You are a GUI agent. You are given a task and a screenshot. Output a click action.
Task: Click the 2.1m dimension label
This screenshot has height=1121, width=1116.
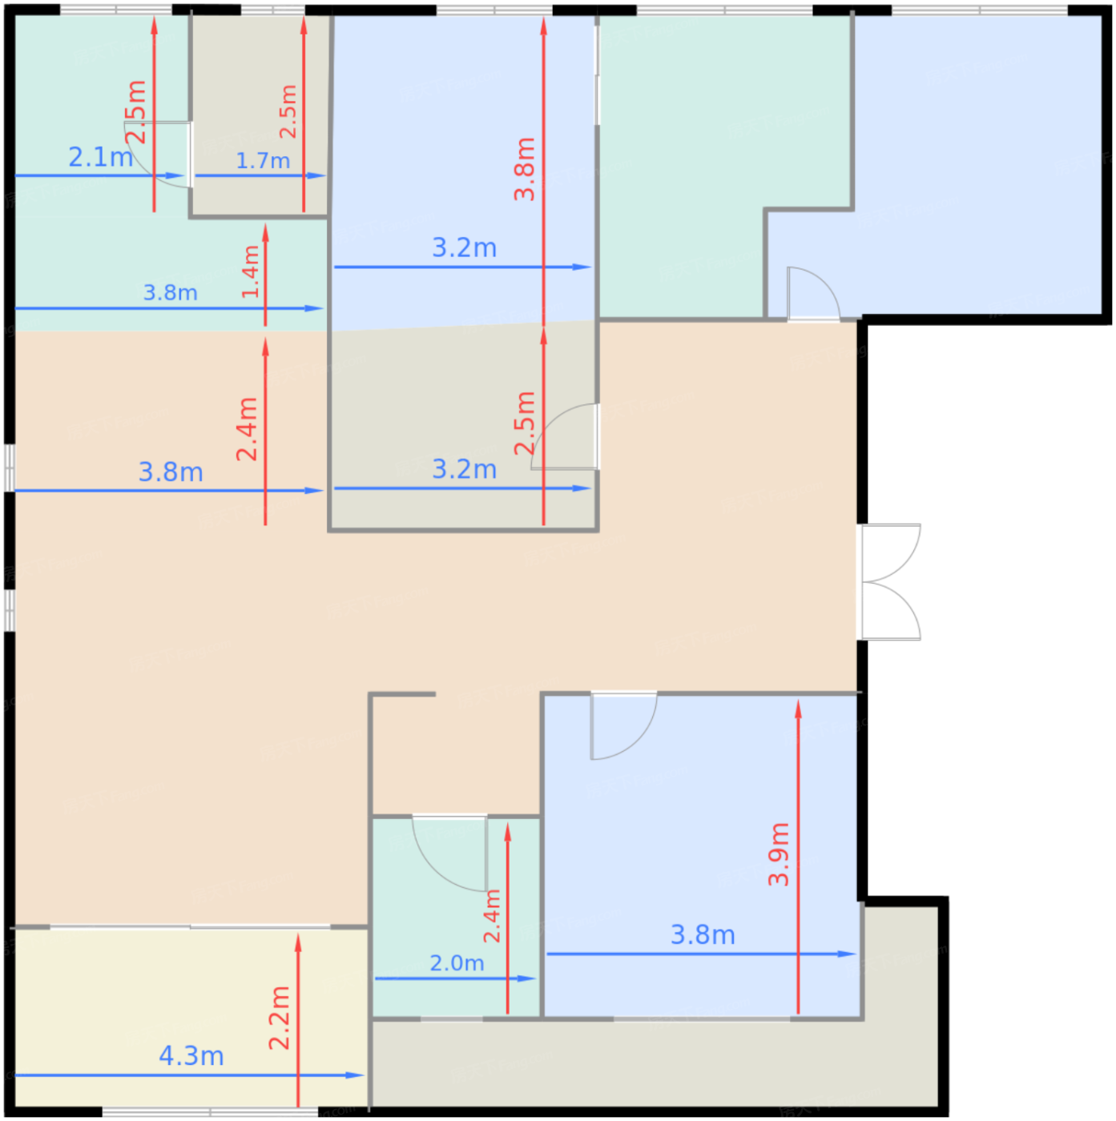pos(101,157)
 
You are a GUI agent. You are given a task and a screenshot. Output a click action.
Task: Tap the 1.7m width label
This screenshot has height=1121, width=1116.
pos(263,161)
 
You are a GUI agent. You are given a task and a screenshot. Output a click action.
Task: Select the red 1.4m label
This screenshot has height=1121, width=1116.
pos(250,271)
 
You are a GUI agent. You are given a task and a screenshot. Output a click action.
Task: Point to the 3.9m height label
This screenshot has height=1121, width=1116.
pos(779,854)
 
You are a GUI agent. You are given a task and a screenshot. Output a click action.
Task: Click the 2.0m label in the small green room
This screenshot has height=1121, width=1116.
pos(457,962)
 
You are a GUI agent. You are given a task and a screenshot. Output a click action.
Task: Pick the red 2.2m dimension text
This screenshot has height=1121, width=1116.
pos(279,1018)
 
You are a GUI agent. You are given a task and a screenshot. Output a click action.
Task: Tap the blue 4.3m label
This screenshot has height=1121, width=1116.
pos(191,1056)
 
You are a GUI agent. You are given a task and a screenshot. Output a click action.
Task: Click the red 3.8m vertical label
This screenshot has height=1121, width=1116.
pos(524,169)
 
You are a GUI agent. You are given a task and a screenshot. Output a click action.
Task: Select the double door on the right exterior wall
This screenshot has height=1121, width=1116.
pos(888,582)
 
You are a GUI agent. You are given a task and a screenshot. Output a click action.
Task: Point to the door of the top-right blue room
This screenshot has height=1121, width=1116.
pos(813,292)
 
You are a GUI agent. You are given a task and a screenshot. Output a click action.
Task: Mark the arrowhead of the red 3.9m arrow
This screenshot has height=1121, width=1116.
pos(798,709)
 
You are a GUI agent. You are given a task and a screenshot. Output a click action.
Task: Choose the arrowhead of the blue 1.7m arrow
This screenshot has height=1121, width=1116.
pos(316,175)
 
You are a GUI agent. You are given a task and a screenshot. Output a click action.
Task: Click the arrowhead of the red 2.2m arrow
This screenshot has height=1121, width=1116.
pos(298,943)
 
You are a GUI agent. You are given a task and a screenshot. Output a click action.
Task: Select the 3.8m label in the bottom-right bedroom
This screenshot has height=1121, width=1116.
pos(703,935)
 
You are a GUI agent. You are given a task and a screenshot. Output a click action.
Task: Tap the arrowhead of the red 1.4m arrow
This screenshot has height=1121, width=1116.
pos(265,233)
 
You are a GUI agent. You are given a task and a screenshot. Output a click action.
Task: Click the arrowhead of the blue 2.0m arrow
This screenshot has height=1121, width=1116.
pos(527,978)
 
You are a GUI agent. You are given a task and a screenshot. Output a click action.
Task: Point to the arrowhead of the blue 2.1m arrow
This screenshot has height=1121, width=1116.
pos(175,175)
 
